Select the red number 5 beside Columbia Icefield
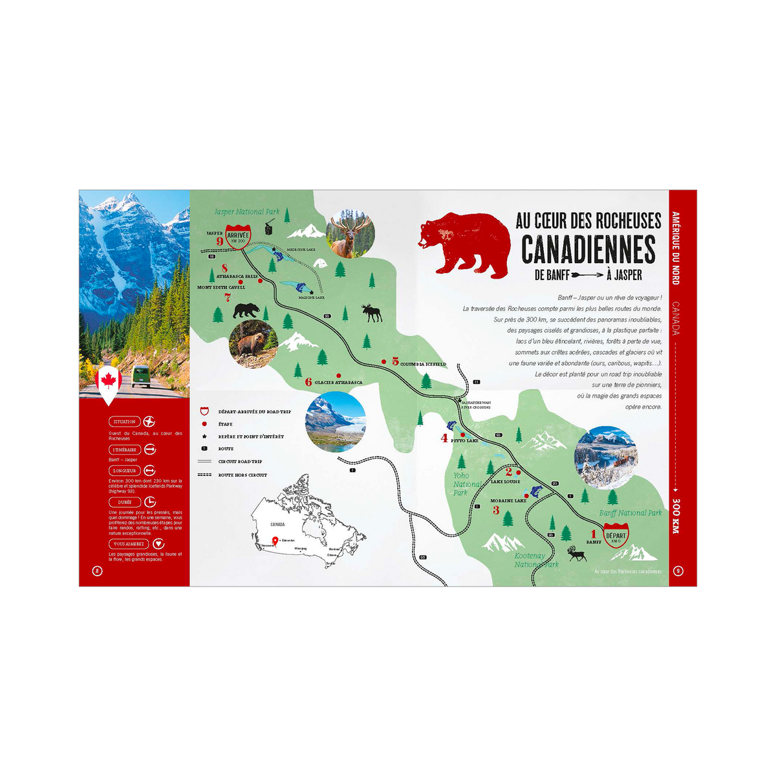click(395, 361)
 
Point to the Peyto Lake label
click(464, 440)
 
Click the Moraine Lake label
click(508, 501)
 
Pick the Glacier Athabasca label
click(338, 382)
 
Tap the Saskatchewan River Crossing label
click(475, 404)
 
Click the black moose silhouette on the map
click(371, 314)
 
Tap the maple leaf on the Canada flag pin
click(108, 380)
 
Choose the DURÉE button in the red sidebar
click(125, 502)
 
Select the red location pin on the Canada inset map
click(275, 541)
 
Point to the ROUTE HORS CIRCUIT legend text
click(242, 475)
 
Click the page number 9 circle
click(678, 570)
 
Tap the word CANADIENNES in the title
click(588, 249)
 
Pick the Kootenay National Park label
click(536, 560)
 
